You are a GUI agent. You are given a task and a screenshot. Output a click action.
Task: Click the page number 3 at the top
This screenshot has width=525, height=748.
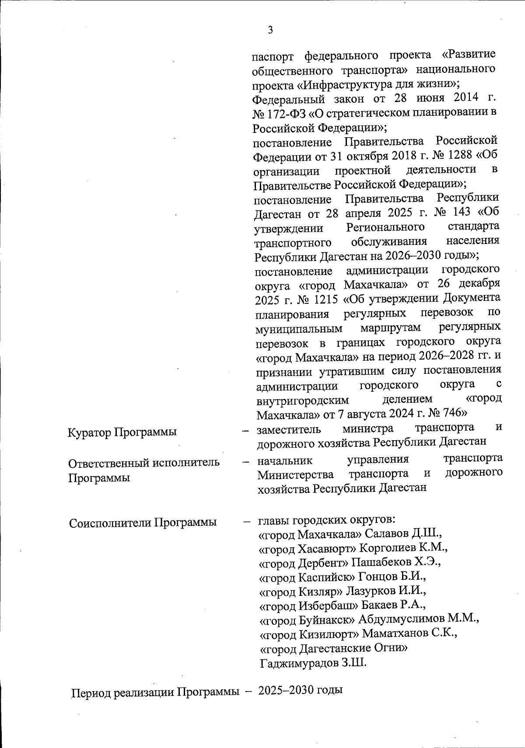[270, 30]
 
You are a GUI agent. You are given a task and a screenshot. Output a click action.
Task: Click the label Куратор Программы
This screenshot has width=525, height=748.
[122, 432]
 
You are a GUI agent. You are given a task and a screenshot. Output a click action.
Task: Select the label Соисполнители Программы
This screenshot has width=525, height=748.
[143, 523]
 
